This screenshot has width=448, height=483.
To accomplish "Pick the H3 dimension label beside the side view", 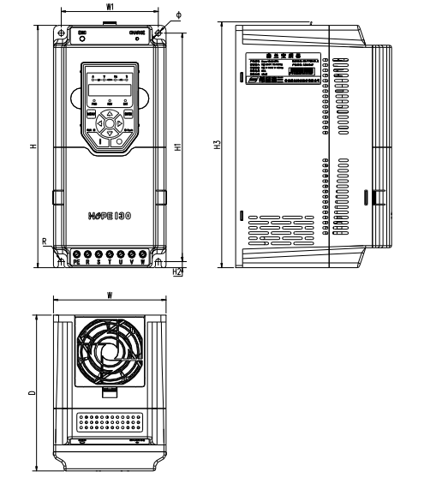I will [216, 146].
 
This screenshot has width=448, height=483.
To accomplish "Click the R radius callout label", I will [45, 241].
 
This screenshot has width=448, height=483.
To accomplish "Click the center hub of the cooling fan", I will [105, 353].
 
